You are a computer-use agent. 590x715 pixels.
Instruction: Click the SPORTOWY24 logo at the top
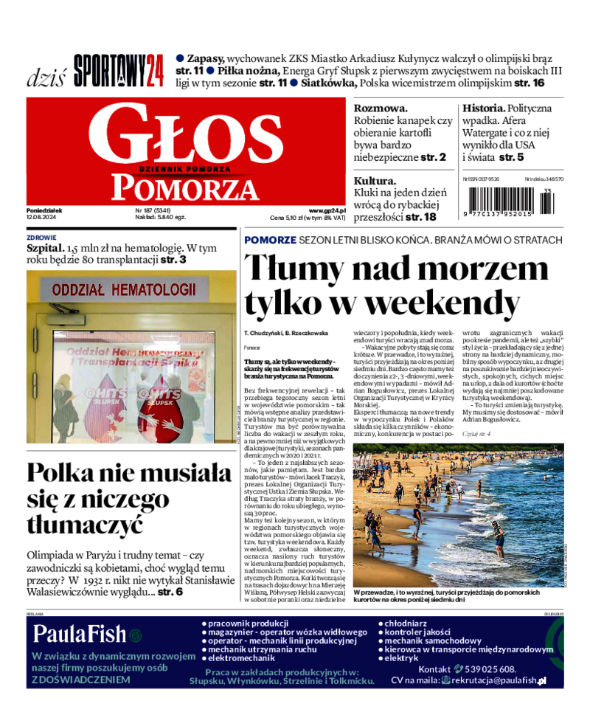119,72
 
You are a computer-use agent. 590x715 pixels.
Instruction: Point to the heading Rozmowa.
381,108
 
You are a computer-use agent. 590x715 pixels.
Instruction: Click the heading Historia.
484,108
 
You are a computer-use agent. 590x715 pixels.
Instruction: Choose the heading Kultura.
375,181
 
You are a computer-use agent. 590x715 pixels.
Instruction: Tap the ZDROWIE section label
41,238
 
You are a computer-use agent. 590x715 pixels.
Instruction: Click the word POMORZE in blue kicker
271,241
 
